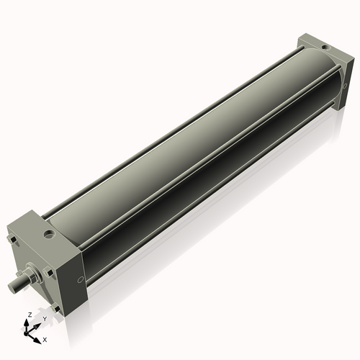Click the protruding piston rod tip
click(14, 285)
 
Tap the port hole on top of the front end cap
click(48, 233)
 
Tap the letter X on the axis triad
click(45, 338)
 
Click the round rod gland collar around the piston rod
click(33, 276)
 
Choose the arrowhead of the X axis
click(38, 337)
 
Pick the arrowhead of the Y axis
click(37, 324)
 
